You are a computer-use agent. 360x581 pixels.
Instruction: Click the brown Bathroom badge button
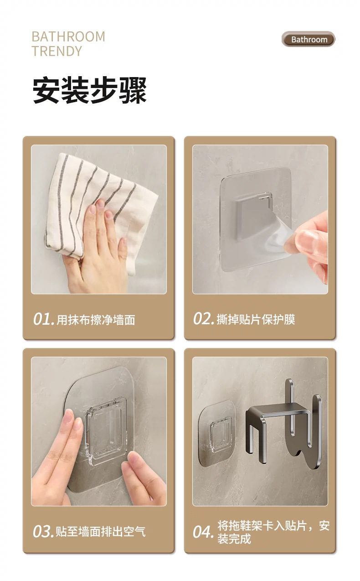(x=309, y=40)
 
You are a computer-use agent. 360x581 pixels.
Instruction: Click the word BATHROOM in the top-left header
(x=68, y=36)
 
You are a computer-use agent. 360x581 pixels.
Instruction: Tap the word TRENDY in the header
(x=57, y=51)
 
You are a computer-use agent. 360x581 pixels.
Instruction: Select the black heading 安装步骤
(x=89, y=91)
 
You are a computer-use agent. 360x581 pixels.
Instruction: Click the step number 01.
(x=43, y=319)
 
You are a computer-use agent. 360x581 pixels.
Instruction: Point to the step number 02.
(x=203, y=319)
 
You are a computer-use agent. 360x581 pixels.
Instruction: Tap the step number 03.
(x=43, y=531)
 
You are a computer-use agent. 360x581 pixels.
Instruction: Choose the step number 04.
(x=203, y=532)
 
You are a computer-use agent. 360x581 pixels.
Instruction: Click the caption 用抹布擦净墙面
(x=96, y=320)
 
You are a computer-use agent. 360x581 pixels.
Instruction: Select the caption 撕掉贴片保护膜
(x=256, y=319)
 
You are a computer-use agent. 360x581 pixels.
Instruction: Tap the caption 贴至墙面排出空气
(x=101, y=531)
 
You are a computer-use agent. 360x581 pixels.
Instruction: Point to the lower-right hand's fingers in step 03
(x=139, y=474)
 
